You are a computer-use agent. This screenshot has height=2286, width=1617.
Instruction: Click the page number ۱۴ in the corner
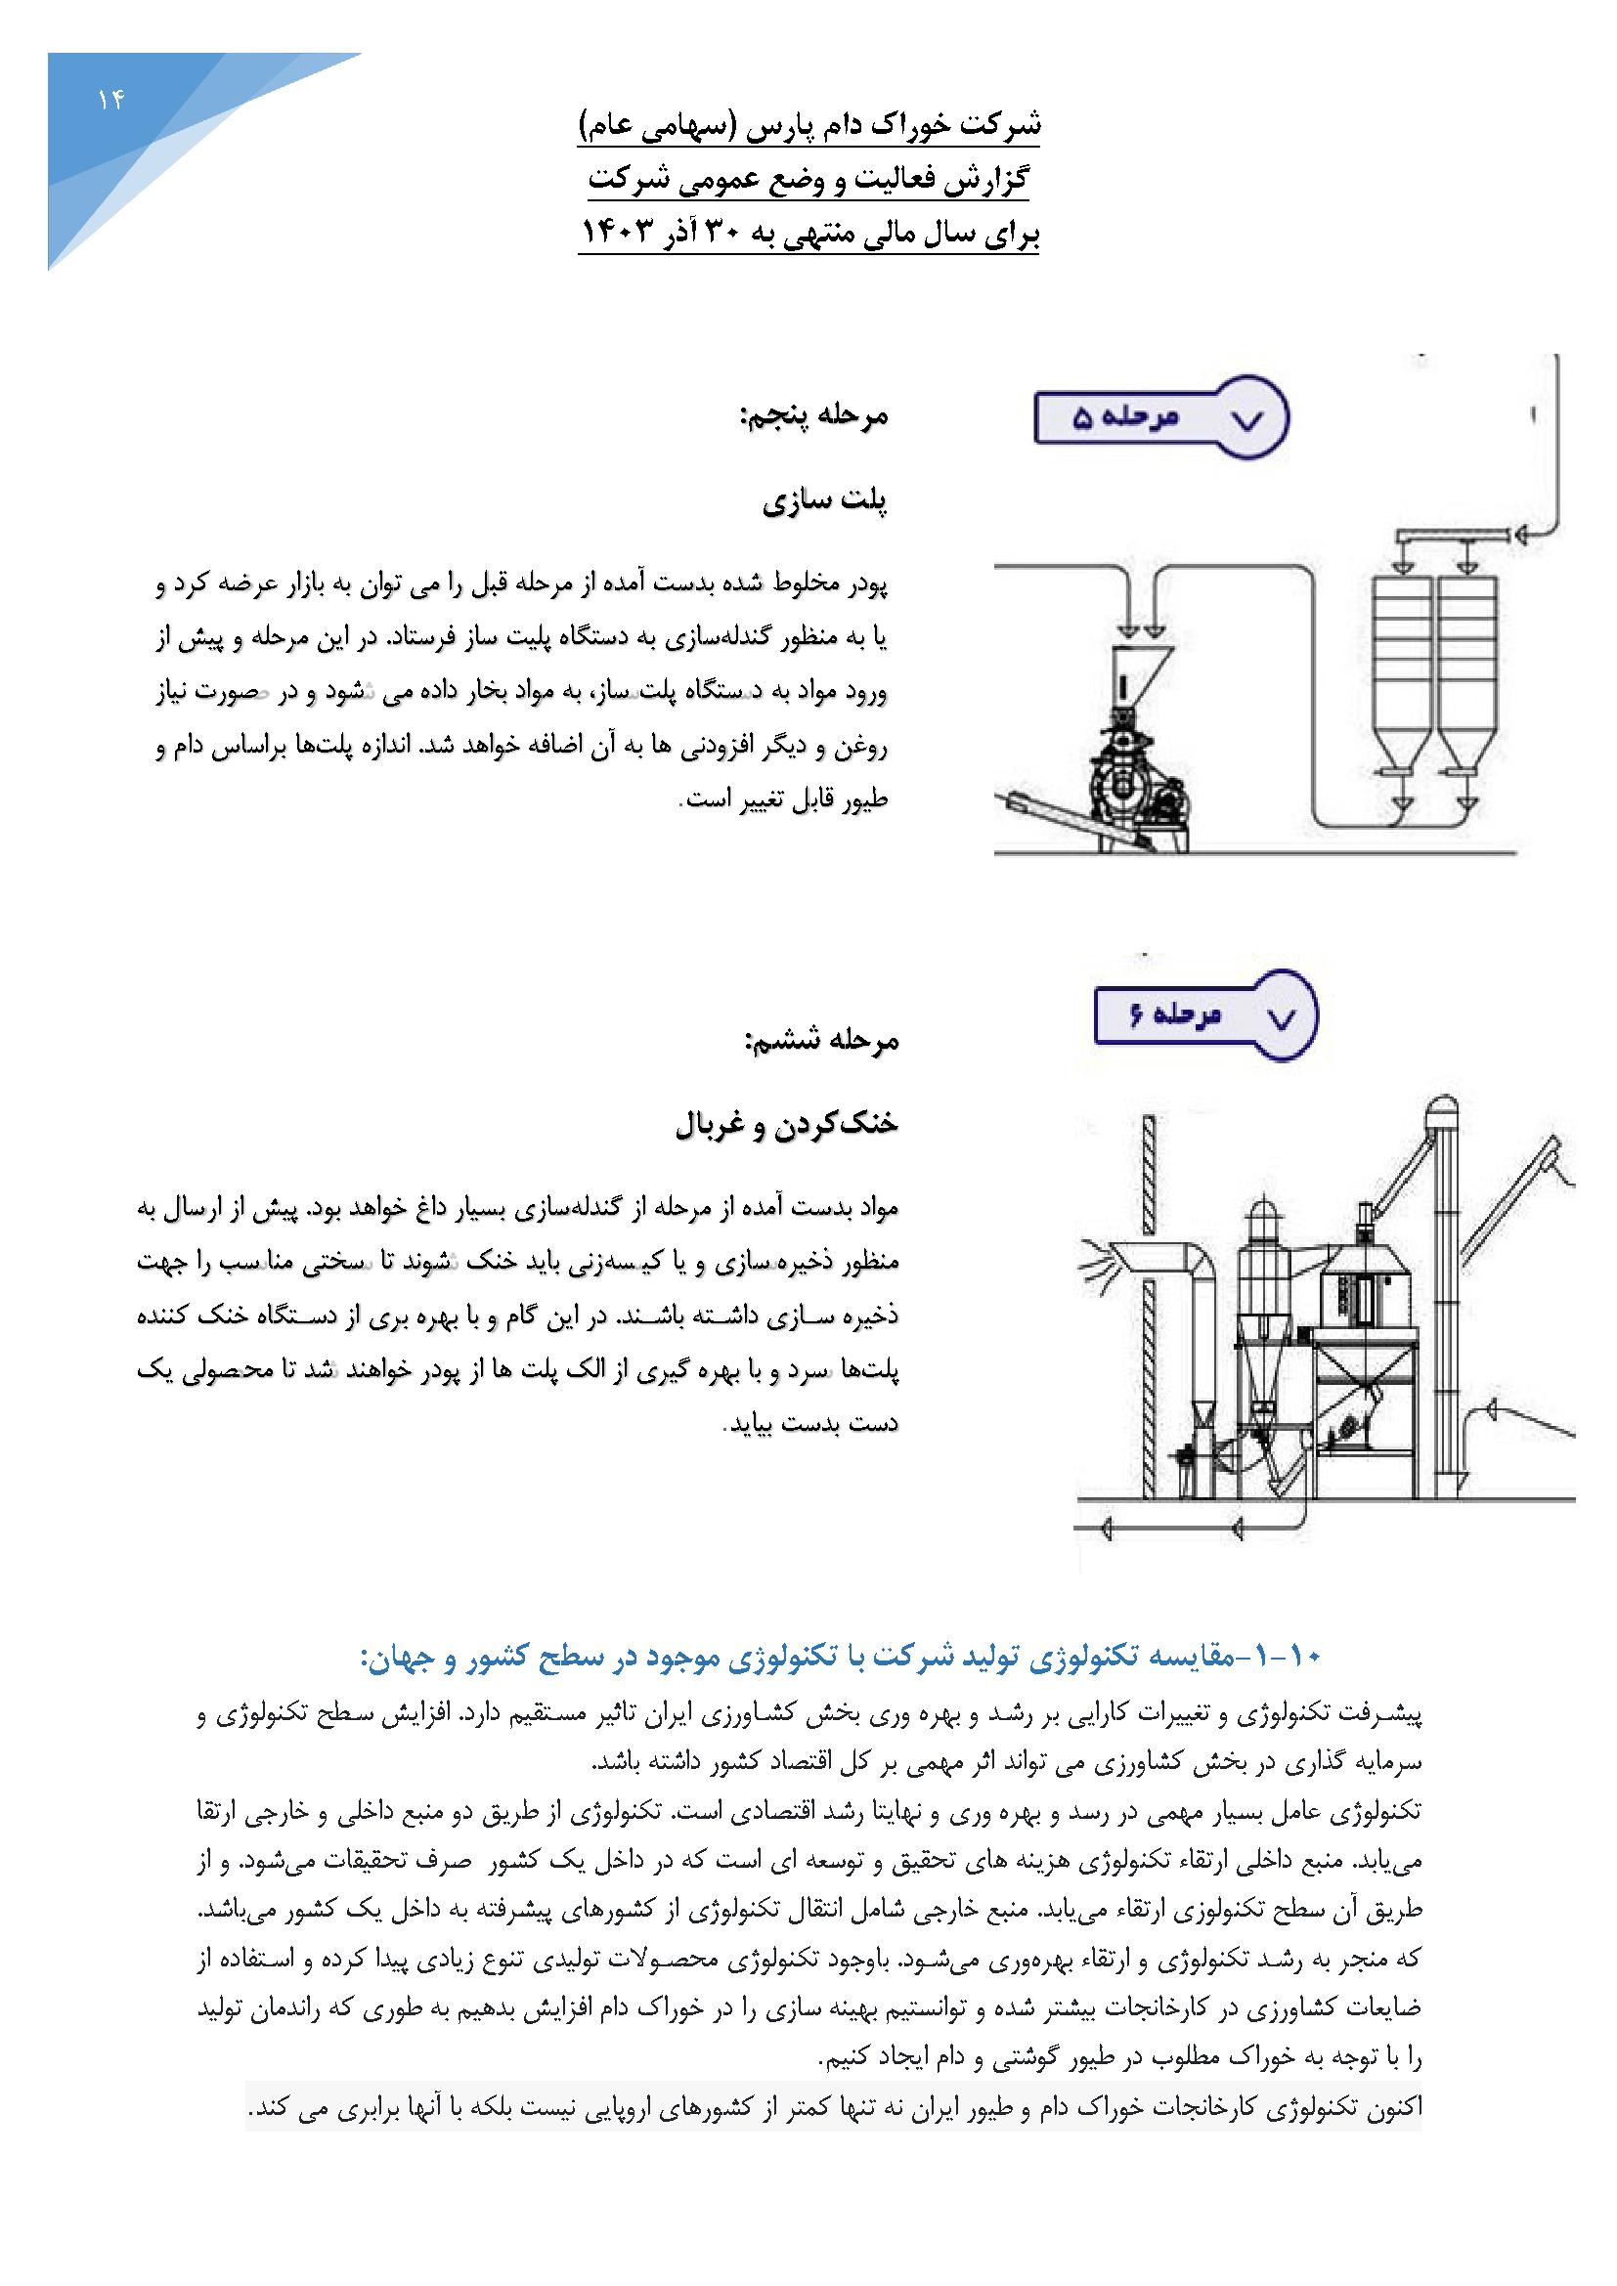coord(109,100)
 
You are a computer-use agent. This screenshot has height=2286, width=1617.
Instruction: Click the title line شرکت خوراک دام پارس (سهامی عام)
coord(808,129)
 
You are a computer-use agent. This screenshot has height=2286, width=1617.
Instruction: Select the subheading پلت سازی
coord(825,501)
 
